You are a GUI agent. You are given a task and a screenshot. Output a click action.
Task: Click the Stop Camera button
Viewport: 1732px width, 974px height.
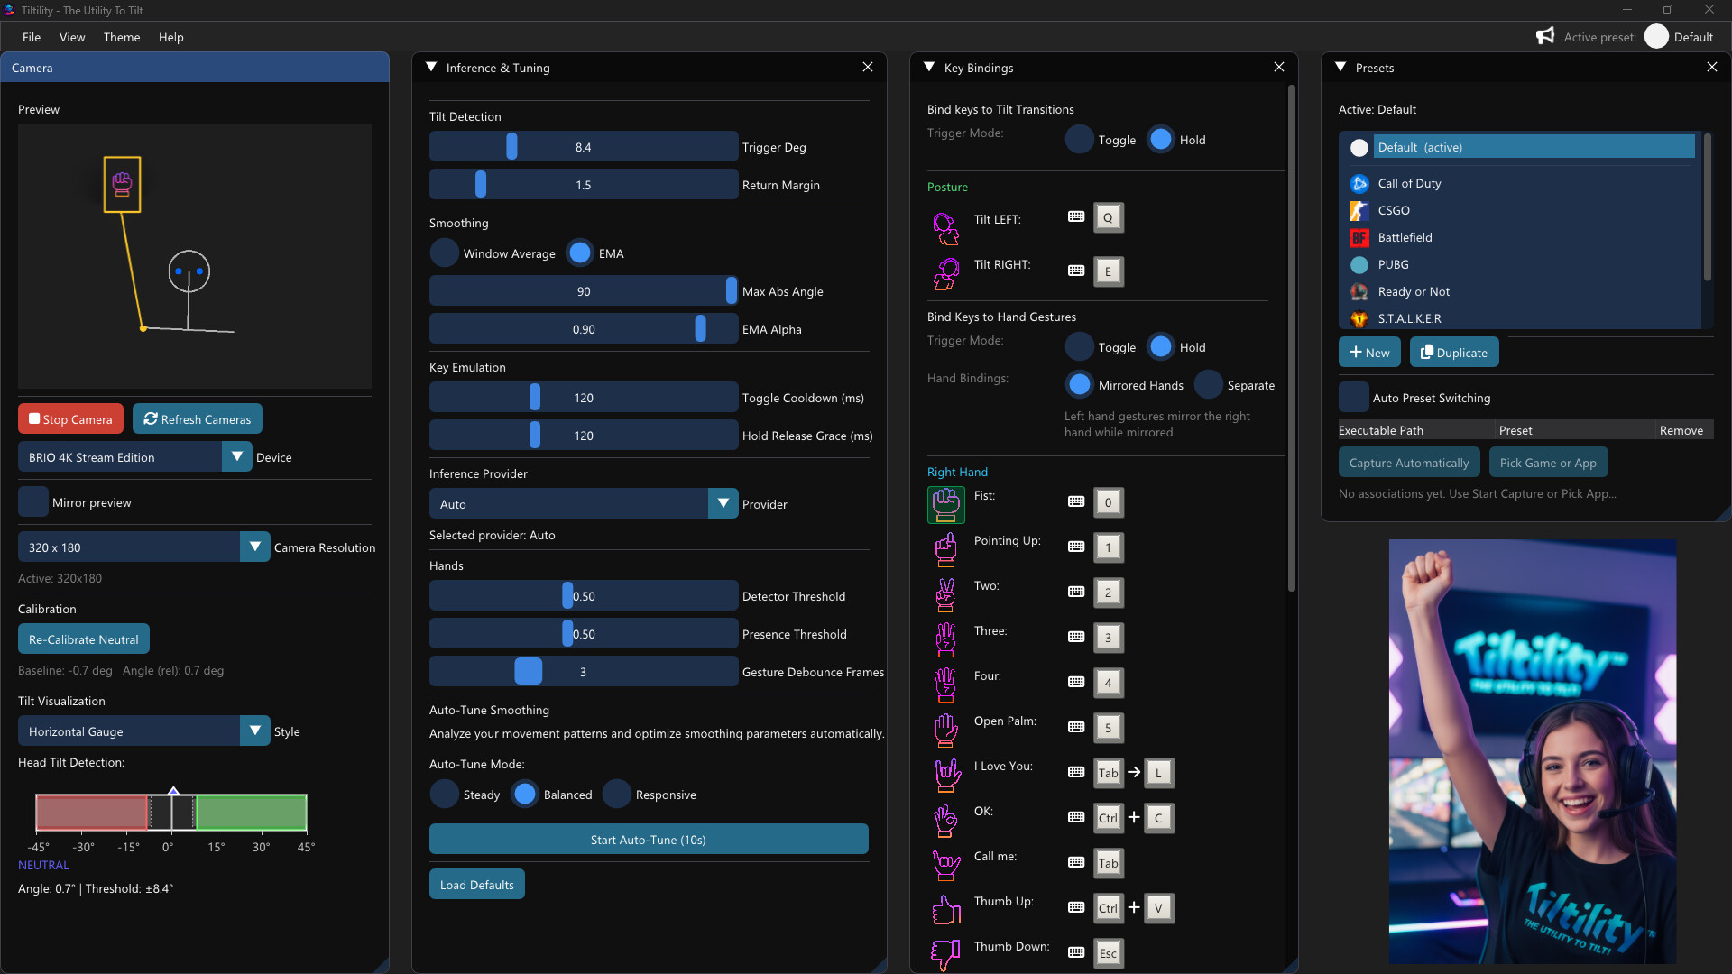tap(70, 419)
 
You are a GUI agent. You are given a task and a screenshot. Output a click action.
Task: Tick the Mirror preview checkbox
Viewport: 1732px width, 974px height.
tap(33, 502)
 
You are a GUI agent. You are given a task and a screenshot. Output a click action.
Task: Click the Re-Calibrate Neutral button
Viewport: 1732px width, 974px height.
tap(84, 639)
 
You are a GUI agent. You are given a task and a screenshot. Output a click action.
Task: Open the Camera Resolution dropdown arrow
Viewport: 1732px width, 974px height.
tap(255, 547)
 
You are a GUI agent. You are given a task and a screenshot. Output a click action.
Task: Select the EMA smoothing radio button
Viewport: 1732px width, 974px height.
tap(581, 253)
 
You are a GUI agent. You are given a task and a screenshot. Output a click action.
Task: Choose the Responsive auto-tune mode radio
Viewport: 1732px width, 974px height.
tap(617, 795)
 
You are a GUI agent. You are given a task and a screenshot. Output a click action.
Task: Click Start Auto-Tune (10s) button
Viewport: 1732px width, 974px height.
tap(649, 840)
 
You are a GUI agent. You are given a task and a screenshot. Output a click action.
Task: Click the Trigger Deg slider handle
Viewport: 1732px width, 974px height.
tap(511, 147)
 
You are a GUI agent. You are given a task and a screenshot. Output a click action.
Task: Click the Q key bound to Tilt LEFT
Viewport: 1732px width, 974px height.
tap(1108, 217)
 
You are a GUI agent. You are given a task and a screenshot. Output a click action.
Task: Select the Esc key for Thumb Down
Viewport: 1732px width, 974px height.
tap(1108, 953)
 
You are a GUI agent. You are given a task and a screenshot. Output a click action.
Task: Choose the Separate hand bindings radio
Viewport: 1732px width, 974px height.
tap(1209, 385)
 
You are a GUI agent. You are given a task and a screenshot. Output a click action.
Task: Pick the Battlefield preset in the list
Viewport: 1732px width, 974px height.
tap(1405, 237)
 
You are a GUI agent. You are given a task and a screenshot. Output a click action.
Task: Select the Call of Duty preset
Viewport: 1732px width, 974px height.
tap(1409, 183)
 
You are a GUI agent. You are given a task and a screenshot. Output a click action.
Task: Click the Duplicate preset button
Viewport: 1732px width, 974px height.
tap(1454, 353)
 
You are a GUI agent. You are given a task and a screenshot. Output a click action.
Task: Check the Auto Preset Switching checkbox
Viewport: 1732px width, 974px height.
tap(1354, 398)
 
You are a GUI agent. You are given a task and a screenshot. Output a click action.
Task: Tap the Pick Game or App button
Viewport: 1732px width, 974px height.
tap(1548, 463)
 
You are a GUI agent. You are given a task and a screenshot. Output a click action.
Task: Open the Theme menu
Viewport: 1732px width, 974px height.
tap(122, 37)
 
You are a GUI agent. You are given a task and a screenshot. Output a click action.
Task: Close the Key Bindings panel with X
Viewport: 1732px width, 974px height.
tap(1279, 68)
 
